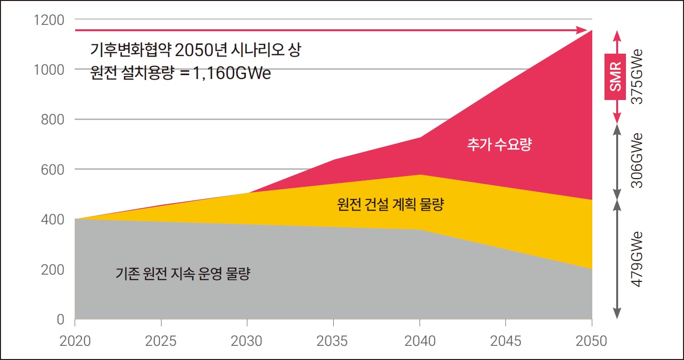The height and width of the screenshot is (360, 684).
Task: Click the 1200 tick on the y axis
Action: coord(49,20)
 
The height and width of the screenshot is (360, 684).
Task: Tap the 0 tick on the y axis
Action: coord(60,320)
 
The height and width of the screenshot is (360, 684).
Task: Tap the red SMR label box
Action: coord(616,77)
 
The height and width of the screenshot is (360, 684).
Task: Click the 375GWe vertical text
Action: coord(637,77)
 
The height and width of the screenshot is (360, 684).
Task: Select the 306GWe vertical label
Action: coord(637,161)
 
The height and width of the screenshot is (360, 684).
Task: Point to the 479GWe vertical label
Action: coord(637,259)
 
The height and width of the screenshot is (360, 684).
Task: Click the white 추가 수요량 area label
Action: coord(499,145)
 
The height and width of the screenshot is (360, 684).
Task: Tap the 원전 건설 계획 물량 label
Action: coord(390,204)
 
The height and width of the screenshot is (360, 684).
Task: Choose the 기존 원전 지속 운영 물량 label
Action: coord(182,274)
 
